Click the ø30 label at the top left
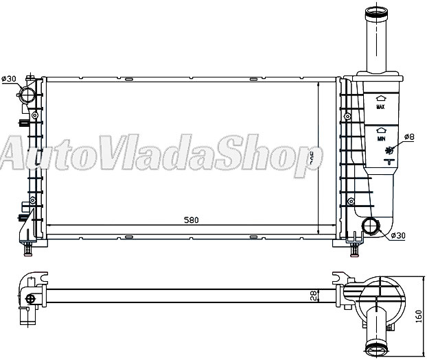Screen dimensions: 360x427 [9, 80]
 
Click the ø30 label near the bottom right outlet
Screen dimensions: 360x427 [398, 235]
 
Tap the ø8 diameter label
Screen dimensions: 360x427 [409, 137]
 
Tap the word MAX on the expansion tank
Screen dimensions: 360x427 [379, 108]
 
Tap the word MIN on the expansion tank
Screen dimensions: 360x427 [379, 139]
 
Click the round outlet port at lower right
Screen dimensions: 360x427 [371, 226]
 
